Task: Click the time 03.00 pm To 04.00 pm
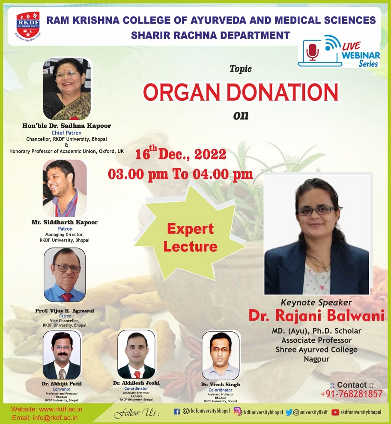[180, 175]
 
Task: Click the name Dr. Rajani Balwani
[316, 316]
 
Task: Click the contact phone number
[351, 394]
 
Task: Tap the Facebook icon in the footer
[176, 412]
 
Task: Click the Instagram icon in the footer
[237, 412]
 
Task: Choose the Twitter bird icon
[289, 412]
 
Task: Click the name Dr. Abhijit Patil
[62, 384]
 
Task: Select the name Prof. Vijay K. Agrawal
[64, 310]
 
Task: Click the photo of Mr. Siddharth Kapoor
[65, 188]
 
